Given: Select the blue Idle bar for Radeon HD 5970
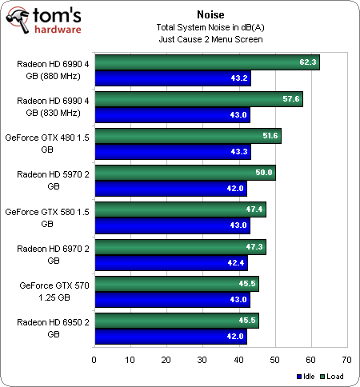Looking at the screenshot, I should point(170,189).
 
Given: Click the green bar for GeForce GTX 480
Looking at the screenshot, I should point(187,136).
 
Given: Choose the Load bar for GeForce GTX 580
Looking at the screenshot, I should point(180,209).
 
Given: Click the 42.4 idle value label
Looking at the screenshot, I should point(238,262).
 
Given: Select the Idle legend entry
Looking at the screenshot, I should point(306,376).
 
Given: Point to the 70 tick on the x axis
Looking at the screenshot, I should point(346,360).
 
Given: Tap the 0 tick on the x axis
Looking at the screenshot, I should point(94,360).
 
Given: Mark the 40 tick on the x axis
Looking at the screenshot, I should point(238,360).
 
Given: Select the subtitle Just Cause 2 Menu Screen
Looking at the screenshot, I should point(209,38).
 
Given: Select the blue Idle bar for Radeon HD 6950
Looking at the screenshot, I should point(170,336).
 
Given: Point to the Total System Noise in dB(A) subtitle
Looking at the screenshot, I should point(209,26).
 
